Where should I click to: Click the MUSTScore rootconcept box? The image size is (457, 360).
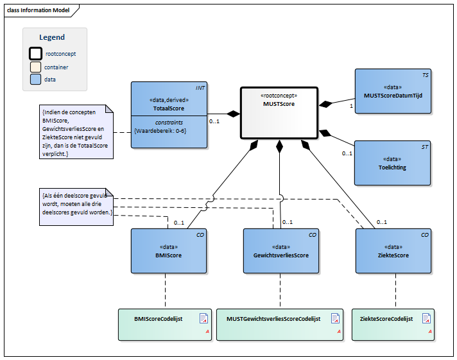click(279, 112)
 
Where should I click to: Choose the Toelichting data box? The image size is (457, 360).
click(393, 164)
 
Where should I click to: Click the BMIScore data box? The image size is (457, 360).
click(169, 251)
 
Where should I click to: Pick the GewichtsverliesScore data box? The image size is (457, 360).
click(281, 251)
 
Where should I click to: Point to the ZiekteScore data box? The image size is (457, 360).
click(393, 251)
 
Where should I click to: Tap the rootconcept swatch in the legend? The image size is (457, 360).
click(36, 54)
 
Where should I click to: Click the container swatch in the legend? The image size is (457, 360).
click(36, 67)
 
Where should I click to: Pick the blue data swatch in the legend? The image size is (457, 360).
click(36, 80)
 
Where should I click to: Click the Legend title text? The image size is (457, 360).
click(52, 38)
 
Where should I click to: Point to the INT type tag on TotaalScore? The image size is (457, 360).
click(200, 87)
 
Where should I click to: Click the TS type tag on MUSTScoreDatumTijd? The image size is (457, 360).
click(425, 75)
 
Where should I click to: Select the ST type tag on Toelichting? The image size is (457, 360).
click(425, 148)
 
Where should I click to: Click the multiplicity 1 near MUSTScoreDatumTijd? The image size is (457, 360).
click(351, 107)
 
